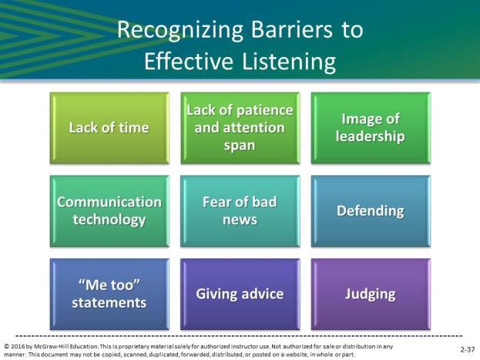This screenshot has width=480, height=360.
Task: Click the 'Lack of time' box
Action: pyautogui.click(x=109, y=128)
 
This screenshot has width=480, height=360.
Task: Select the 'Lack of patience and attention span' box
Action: pyautogui.click(x=240, y=128)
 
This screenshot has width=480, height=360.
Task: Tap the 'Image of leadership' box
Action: pyautogui.click(x=371, y=128)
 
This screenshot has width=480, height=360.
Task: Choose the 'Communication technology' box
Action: pyautogui.click(x=109, y=211)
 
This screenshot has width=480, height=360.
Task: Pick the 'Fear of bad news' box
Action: pyautogui.click(x=240, y=211)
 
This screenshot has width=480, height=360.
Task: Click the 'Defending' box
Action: pyautogui.click(x=371, y=211)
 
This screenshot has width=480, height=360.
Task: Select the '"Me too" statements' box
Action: pyautogui.click(x=109, y=294)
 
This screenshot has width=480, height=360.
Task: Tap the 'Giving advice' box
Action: pyautogui.click(x=240, y=294)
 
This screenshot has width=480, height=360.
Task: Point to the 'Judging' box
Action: pyautogui.click(x=371, y=294)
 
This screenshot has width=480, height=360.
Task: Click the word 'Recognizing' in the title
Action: pyautogui.click(x=180, y=31)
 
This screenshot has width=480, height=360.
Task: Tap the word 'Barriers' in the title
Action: pyautogui.click(x=292, y=29)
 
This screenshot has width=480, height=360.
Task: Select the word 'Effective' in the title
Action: pyautogui.click(x=189, y=61)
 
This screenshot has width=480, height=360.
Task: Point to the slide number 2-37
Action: pyautogui.click(x=468, y=349)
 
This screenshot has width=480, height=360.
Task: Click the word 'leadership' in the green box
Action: pyautogui.click(x=370, y=136)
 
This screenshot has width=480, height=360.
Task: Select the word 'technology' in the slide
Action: pyautogui.click(x=109, y=220)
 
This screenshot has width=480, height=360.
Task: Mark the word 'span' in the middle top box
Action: pyautogui.click(x=240, y=146)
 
